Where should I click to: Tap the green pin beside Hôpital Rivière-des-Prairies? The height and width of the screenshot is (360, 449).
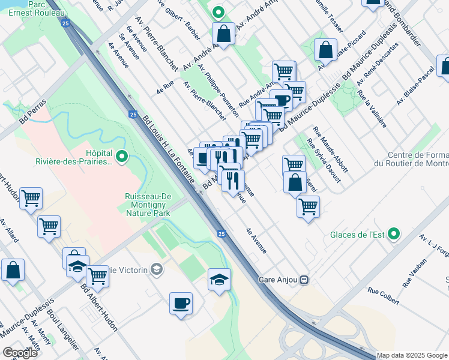tap(122, 157)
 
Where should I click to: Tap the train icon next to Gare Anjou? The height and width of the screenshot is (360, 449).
tap(304, 280)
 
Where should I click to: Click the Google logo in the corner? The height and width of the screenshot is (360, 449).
tap(20, 352)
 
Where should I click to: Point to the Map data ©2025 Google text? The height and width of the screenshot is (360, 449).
tap(412, 355)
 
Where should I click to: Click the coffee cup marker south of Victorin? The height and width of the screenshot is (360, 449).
tap(181, 304)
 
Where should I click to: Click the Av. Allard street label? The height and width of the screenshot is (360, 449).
tap(10, 230)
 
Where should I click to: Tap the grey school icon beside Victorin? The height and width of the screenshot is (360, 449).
tap(157, 269)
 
